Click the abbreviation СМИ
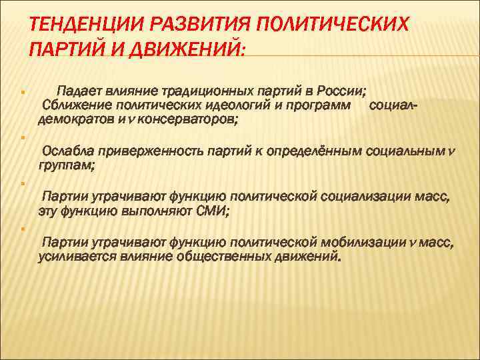(x=211, y=211)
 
